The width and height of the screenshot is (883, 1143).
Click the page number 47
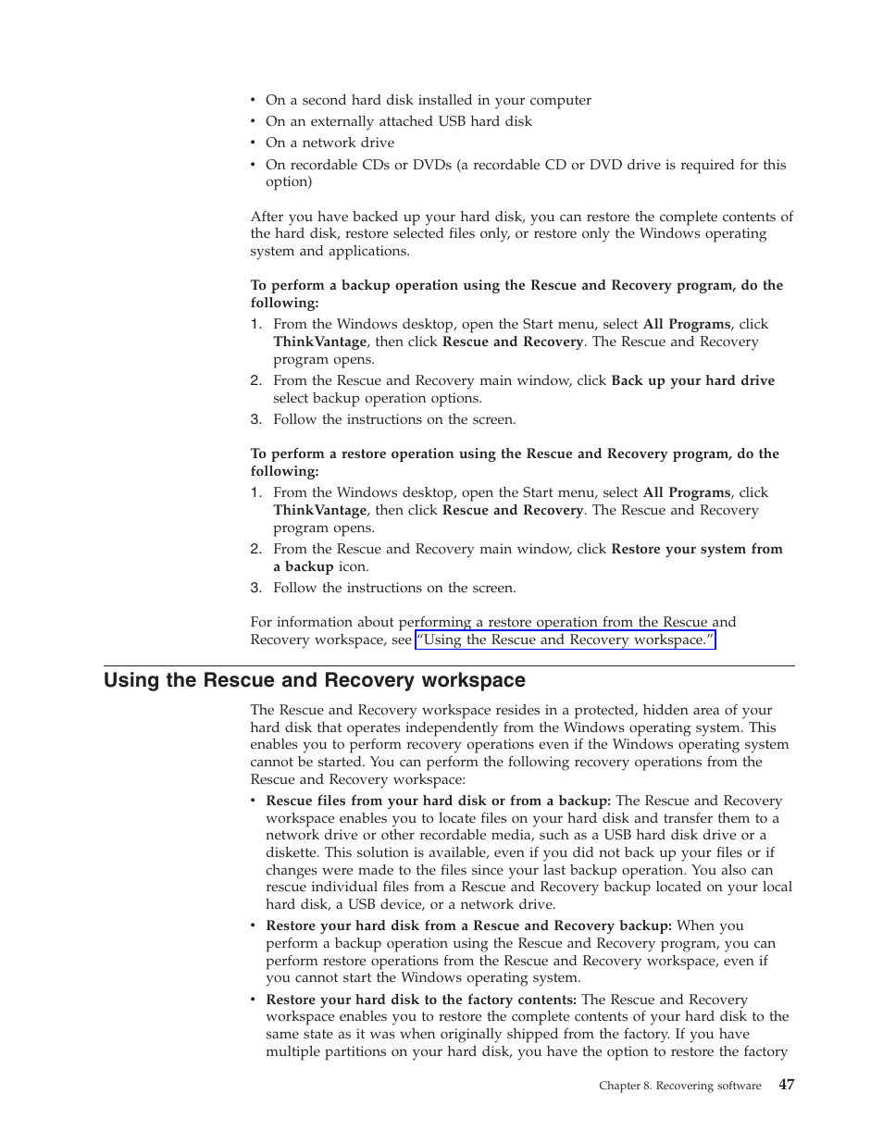point(786,1085)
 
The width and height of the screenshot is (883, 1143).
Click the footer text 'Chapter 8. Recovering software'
point(679,1086)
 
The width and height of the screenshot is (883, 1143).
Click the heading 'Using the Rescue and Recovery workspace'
point(314,680)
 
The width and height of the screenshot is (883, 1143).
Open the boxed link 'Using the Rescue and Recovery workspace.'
point(565,640)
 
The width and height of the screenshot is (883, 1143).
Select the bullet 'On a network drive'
point(330,143)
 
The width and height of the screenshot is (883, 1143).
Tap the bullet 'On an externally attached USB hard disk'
point(398,121)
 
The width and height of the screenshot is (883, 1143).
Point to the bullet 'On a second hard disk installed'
point(428,100)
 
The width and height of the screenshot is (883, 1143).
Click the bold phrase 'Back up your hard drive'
point(692,380)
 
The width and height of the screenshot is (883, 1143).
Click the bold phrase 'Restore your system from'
point(696,549)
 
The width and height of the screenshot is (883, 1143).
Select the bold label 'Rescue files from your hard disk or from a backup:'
point(438,801)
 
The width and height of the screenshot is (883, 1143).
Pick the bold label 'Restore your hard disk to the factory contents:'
point(421,1000)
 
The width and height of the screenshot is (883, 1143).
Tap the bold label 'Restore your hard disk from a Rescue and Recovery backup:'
point(468,926)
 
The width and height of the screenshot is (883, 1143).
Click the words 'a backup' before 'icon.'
point(303,566)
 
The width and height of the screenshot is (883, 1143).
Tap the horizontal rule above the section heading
point(449,665)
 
